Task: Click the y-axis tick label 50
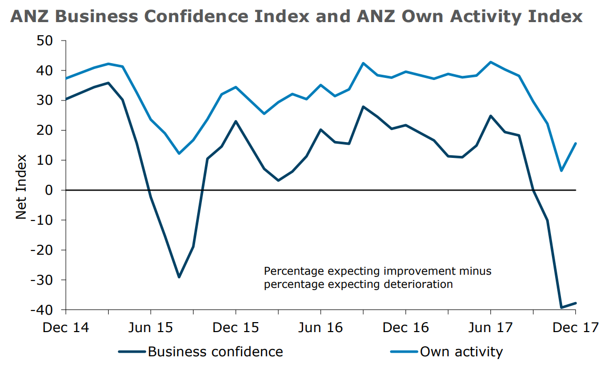[x=46, y=41]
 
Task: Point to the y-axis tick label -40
[x=44, y=309]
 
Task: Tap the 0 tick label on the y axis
[x=51, y=190]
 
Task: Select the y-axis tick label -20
[x=44, y=250]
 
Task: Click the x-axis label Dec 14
[x=66, y=327]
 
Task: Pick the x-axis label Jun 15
[x=150, y=327]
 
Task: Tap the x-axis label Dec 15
[x=236, y=327]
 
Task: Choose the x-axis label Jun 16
[x=321, y=327]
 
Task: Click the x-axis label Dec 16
[x=405, y=327]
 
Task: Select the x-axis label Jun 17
[x=490, y=327]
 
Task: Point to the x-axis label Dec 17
[x=575, y=327]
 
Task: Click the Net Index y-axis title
[x=21, y=187]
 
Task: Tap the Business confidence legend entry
[x=215, y=352]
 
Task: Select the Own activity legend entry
[x=461, y=352]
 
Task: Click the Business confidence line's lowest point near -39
[x=561, y=307]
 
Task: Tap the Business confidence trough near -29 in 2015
[x=179, y=277]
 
